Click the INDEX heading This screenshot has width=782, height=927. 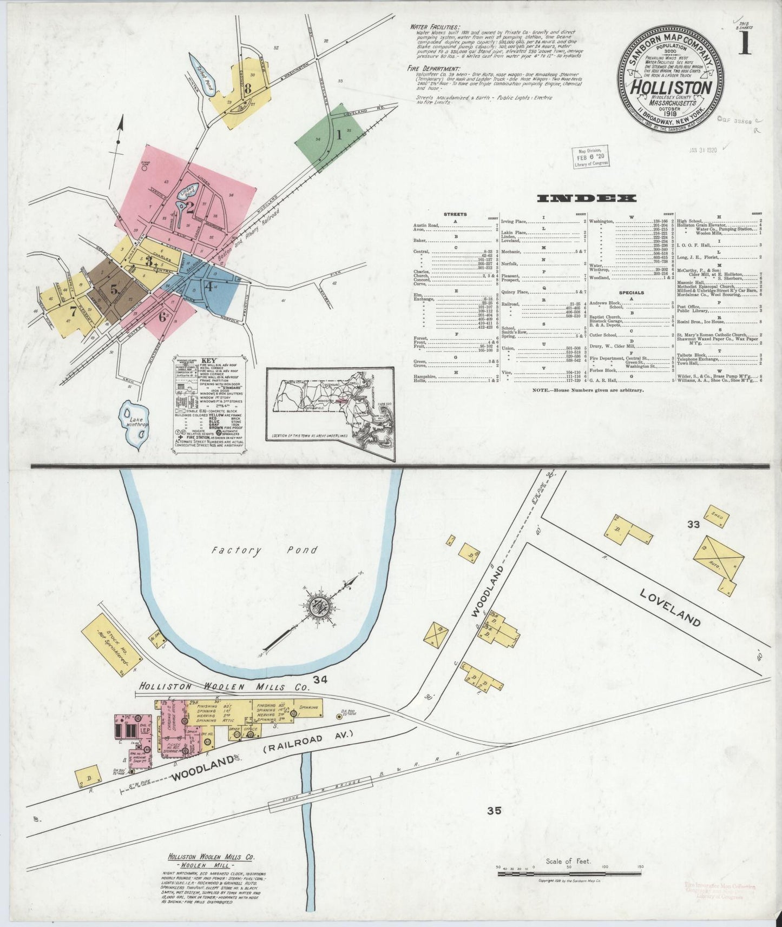[x=586, y=198]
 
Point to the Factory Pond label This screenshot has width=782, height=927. [x=264, y=551]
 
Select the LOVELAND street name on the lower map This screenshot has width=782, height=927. [x=670, y=607]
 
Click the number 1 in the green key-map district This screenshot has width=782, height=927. [x=339, y=134]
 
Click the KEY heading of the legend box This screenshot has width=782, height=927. [x=208, y=361]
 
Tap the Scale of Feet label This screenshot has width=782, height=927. [x=568, y=861]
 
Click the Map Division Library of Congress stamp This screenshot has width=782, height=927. [x=591, y=156]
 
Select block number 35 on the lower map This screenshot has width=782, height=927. [x=494, y=811]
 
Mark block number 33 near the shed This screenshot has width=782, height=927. [x=693, y=524]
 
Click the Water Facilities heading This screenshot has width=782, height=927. [x=435, y=27]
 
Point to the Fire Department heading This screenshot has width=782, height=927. [x=435, y=69]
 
